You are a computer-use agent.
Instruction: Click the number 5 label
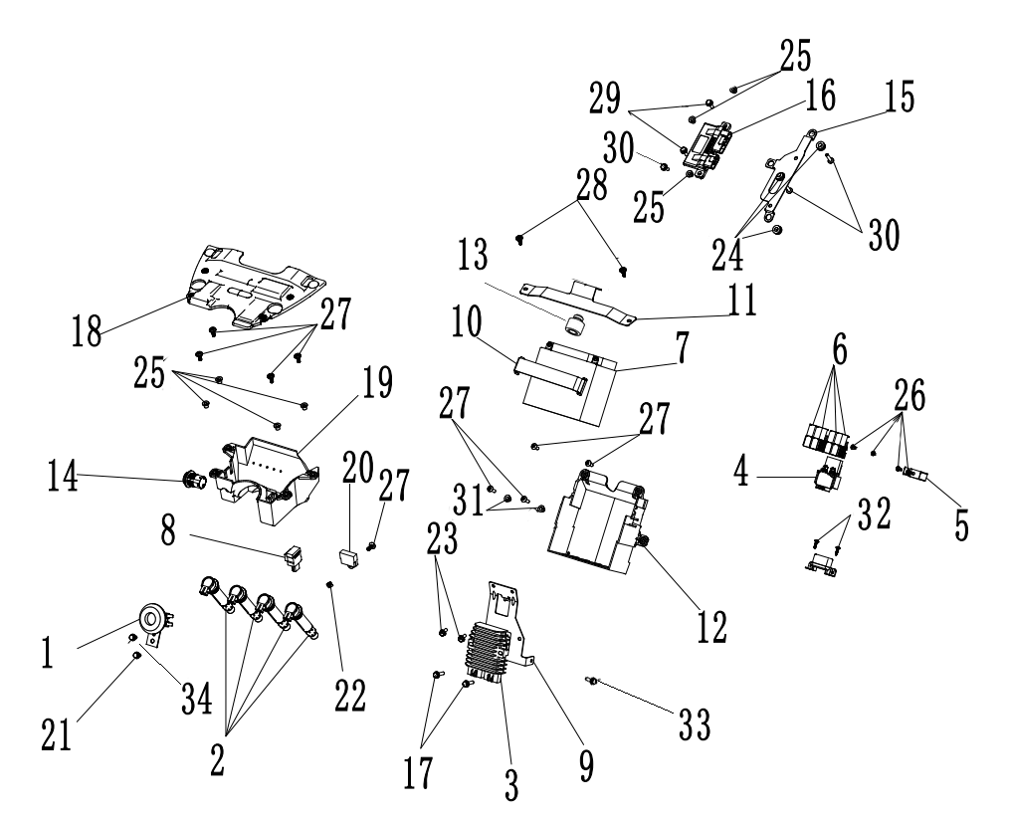coord(961,523)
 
